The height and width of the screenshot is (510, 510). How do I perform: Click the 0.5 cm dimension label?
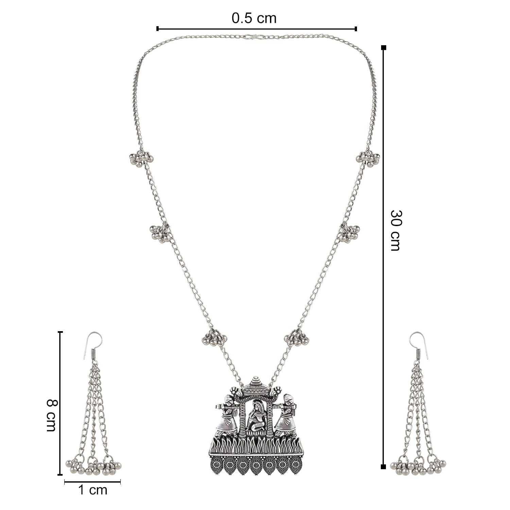pyautogui.click(x=254, y=18)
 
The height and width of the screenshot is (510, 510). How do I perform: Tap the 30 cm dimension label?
pyautogui.click(x=395, y=230)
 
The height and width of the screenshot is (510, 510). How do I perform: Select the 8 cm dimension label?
pyautogui.click(x=51, y=415)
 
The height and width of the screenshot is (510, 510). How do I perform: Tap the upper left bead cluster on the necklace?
pyautogui.click(x=140, y=158)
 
